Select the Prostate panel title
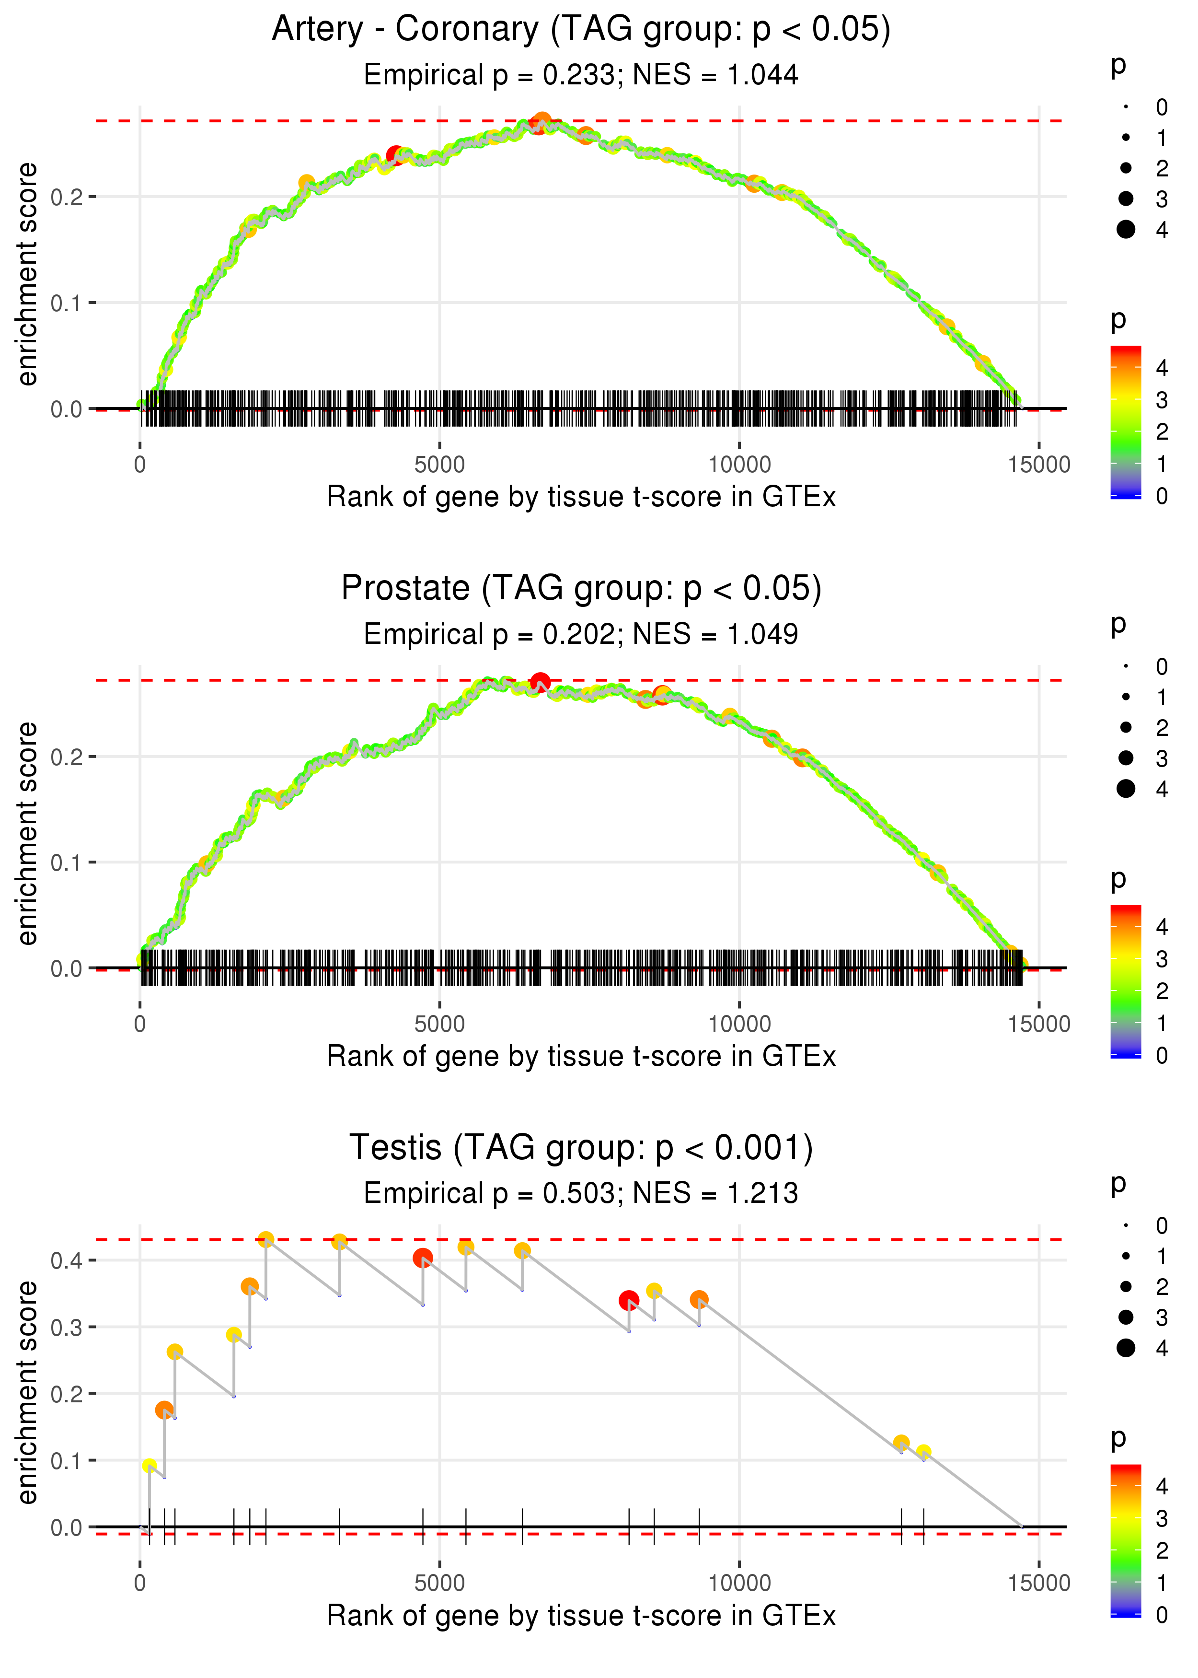click(581, 589)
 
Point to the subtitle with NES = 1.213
click(581, 1193)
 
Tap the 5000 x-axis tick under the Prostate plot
click(439, 1024)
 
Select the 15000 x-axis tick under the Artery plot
click(1038, 465)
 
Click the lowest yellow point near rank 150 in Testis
click(150, 1466)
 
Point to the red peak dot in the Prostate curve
click(540, 682)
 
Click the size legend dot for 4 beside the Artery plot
click(1126, 230)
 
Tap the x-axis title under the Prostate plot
click(581, 1057)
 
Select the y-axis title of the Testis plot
click(27, 1393)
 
